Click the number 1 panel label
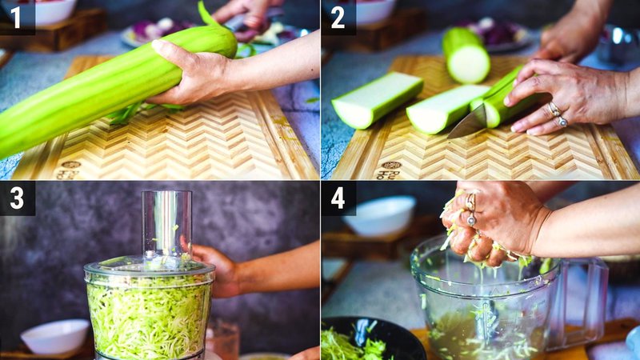16,16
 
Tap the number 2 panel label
338,16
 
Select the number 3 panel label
16,198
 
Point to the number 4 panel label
338,198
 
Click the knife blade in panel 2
467,122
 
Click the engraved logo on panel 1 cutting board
68,169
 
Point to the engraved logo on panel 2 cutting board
390,169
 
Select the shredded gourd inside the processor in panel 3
149,316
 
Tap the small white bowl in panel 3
55,337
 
